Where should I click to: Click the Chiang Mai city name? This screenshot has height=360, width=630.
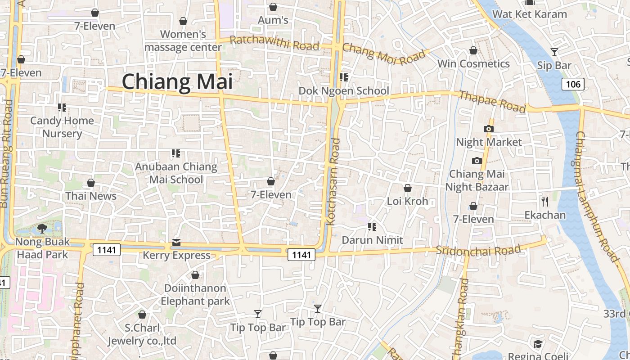[x=177, y=82]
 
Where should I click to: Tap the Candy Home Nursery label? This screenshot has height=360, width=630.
[x=62, y=127]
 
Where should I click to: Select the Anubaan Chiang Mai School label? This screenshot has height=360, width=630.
[x=176, y=173]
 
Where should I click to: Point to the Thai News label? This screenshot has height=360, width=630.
[x=91, y=196]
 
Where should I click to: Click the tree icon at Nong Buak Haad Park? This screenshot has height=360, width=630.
[x=42, y=229]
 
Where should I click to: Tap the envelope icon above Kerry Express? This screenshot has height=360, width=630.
[x=176, y=243]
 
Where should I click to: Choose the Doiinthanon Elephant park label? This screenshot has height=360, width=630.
[x=195, y=294]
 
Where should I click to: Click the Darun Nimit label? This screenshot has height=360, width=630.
[x=373, y=240]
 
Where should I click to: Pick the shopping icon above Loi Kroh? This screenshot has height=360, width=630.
[x=408, y=188]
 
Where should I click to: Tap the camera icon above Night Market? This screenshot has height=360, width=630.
[x=489, y=129]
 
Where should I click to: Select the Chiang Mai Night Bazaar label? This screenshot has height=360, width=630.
[x=477, y=180]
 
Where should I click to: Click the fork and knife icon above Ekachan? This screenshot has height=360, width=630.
[x=545, y=201]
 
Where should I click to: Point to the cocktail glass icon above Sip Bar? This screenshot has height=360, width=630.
[x=554, y=52]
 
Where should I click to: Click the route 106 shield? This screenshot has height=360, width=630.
[x=573, y=84]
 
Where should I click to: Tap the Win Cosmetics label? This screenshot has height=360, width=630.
[x=473, y=64]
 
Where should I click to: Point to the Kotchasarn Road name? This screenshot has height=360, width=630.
[x=334, y=182]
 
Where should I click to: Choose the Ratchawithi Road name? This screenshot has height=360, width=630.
[x=274, y=43]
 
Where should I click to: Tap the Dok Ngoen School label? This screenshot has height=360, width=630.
[x=344, y=91]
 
